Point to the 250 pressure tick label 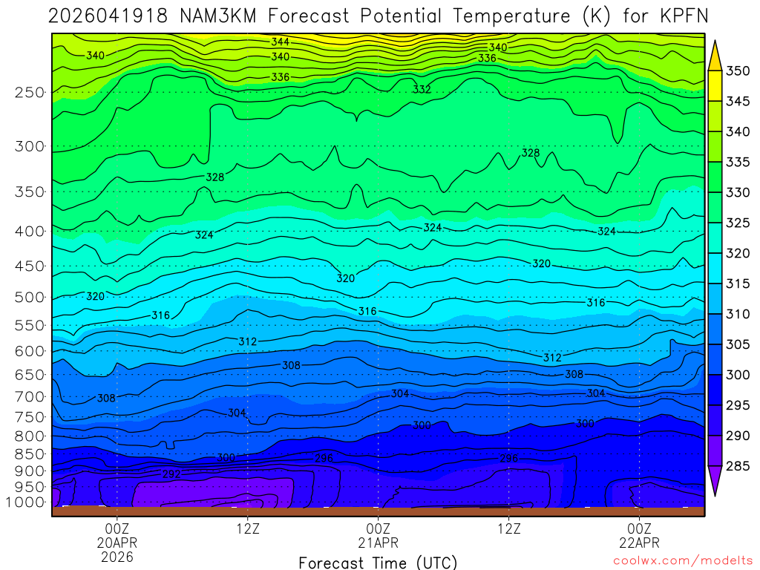pos(30,93)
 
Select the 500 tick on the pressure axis pos(30,298)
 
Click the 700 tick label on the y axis pos(30,396)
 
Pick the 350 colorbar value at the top pos(738,71)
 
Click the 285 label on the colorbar pos(738,466)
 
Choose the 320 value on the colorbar pos(738,254)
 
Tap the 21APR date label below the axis pos(379,542)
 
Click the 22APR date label pos(640,542)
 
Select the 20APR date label pos(117,542)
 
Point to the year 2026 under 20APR pos(117,556)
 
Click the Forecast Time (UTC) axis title pos(378,563)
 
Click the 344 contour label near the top pos(280,42)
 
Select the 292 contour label pos(171,474)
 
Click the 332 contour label pos(422,89)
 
